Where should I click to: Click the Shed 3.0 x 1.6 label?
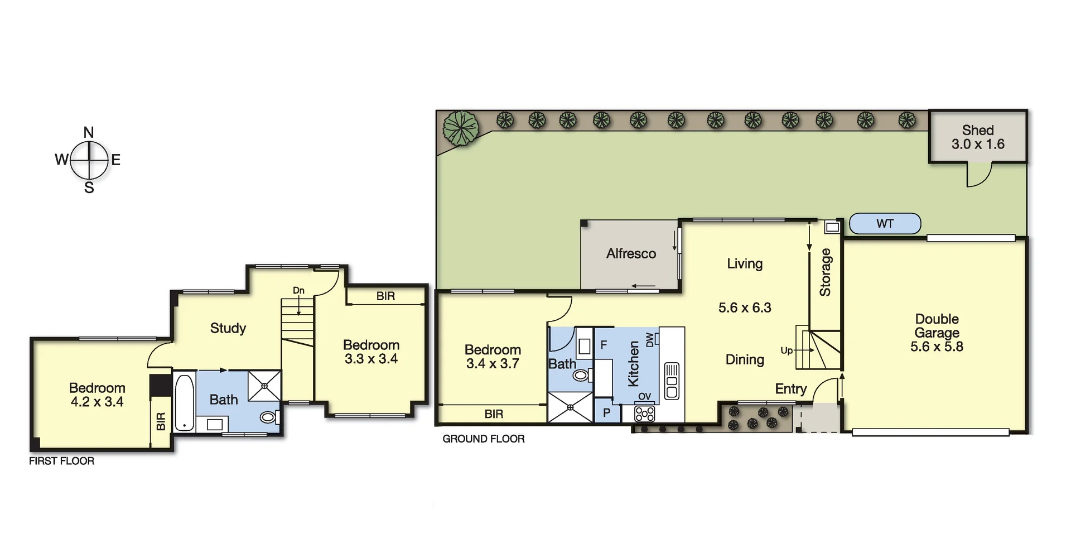coord(977,137)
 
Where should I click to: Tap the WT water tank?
coord(885,224)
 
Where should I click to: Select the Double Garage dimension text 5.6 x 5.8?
coord(937,347)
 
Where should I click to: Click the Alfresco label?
coord(631,254)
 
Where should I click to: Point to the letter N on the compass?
coord(89,132)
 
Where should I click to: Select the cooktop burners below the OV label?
coord(645,414)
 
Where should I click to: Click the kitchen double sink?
coord(672,381)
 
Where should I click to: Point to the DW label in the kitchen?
coord(649,339)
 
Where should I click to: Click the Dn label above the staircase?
coord(298,291)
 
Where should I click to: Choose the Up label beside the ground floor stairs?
coord(787,350)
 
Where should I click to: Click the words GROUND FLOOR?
coord(483,439)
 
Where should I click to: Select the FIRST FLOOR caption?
coord(61,461)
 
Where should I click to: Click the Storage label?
coord(825,272)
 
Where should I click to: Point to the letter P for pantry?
coord(606,414)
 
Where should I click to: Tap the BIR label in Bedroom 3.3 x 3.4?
coord(385,296)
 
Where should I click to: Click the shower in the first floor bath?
coord(264,385)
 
